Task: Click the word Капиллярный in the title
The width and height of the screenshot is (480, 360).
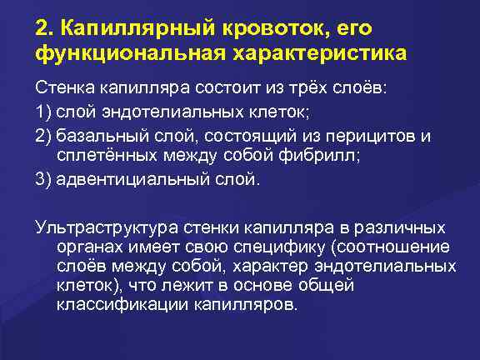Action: tap(130, 27)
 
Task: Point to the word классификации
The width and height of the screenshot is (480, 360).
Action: tap(116, 304)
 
